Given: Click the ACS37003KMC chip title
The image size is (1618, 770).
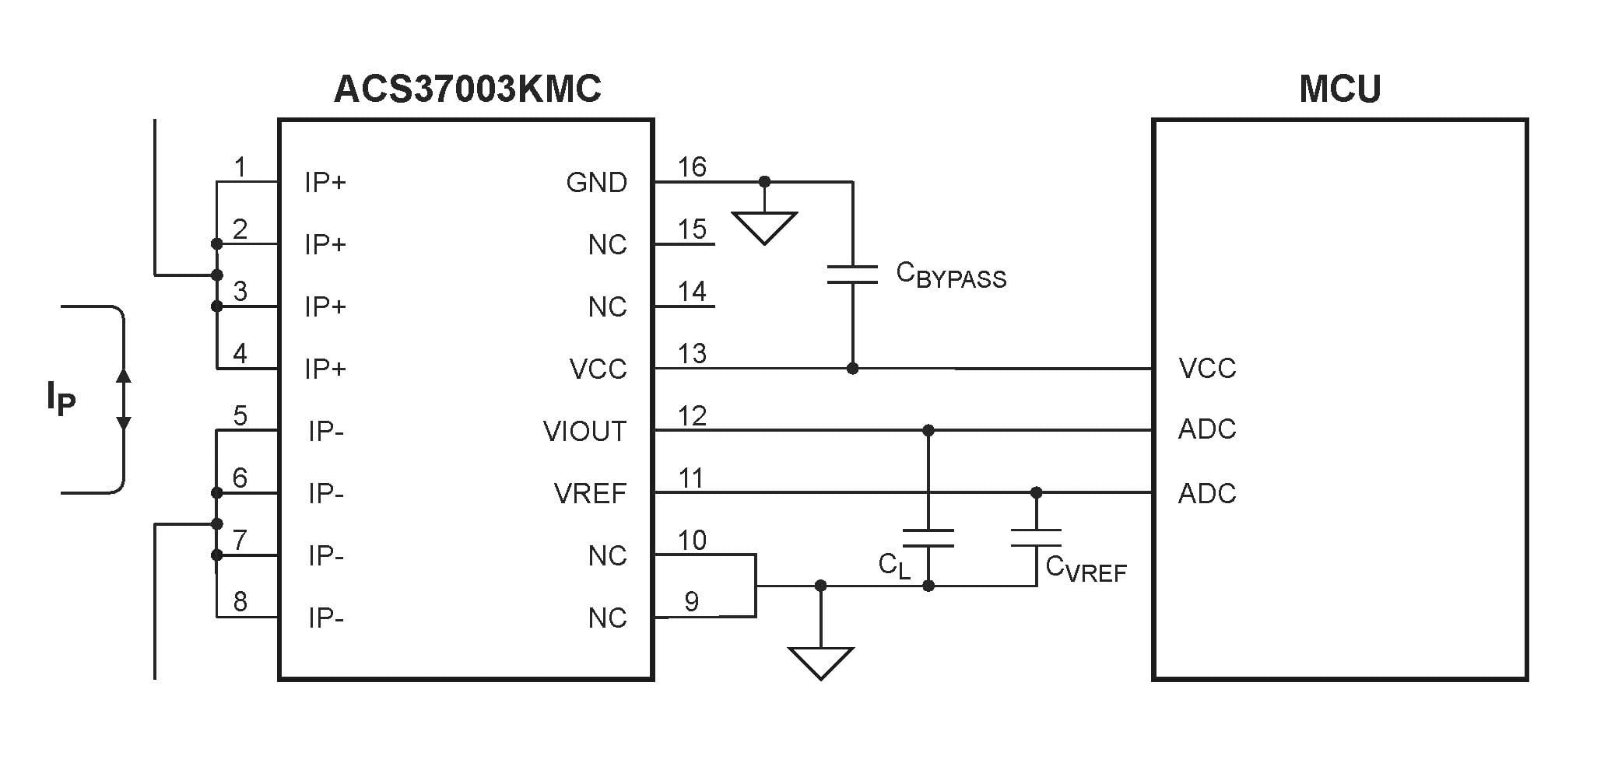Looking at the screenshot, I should click(467, 89).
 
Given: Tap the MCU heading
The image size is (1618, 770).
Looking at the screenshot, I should click(1339, 89).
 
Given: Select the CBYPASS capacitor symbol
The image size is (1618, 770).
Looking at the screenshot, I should click(852, 274).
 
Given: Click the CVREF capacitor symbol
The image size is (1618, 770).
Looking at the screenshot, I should click(1036, 538).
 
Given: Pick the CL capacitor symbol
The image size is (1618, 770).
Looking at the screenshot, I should click(928, 538).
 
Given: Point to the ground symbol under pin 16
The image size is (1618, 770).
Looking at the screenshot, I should click(764, 227).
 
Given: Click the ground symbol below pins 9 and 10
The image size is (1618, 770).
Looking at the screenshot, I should click(820, 662).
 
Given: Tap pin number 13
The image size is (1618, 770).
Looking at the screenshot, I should click(692, 354).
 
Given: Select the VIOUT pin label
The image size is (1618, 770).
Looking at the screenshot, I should click(584, 432).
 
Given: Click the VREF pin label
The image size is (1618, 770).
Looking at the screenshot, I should click(590, 494).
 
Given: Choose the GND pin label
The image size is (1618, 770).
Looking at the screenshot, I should click(596, 183).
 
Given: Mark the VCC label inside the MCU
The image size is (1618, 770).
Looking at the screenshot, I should click(1207, 369).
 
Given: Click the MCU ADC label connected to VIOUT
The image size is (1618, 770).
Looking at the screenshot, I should click(1207, 429).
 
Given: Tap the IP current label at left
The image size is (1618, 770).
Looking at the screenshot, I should click(61, 399).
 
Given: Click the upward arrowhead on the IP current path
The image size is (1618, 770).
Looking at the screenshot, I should click(123, 376).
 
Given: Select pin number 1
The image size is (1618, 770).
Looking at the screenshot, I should click(240, 167).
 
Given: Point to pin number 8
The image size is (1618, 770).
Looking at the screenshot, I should click(240, 602).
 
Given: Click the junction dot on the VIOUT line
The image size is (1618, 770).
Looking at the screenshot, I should click(928, 430).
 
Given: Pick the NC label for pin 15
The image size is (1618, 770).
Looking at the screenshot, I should click(607, 245).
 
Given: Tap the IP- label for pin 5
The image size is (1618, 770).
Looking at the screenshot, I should click(325, 432).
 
